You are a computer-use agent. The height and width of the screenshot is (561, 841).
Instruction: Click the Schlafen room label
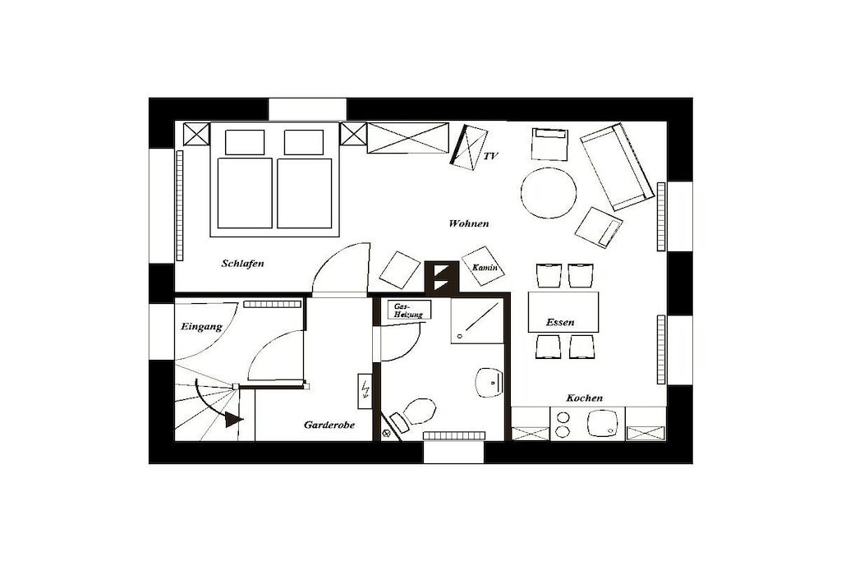pos(242,264)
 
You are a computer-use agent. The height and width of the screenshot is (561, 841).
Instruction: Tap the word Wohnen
pos(469,223)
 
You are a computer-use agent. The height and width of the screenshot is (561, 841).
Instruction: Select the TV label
pos(491,156)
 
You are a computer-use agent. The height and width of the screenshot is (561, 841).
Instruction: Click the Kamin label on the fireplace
pos(485,267)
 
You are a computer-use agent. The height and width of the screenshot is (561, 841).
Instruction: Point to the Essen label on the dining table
pos(560,322)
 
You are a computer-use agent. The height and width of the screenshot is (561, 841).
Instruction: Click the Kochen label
pos(584,398)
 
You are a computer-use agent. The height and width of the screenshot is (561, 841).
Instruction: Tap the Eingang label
pos(201,327)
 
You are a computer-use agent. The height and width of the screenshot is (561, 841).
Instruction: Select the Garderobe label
pos(329,425)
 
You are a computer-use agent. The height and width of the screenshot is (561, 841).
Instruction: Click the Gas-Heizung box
pos(409,310)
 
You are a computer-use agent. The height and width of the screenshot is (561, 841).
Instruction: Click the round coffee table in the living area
pos(548,193)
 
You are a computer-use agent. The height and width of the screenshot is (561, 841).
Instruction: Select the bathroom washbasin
pos(489,383)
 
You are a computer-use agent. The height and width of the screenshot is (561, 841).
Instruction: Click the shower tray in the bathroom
pos(477,320)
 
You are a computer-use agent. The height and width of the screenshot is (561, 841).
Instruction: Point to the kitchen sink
pos(603,424)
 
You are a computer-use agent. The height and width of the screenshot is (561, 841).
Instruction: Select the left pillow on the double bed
pos(245,143)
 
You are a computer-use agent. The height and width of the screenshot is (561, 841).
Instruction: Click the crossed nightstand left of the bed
pos(196,134)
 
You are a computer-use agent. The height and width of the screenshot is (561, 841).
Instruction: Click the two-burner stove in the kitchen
pos(563,424)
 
